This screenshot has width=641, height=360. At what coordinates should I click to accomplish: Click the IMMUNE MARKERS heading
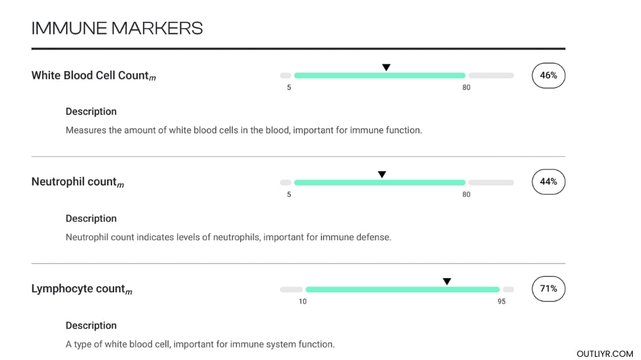tap(117, 28)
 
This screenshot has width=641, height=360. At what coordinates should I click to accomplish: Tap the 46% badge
tap(548, 75)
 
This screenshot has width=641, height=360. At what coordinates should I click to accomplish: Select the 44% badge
tap(548, 182)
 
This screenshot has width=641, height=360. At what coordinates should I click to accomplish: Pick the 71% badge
tap(548, 289)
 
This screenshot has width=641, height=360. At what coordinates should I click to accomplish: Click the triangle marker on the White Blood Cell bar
tap(386, 67)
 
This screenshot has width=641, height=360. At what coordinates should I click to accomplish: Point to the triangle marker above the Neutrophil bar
tap(382, 174)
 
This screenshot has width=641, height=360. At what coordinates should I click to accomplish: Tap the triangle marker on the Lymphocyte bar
tap(447, 281)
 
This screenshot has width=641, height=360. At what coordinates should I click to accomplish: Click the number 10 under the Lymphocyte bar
tap(303, 302)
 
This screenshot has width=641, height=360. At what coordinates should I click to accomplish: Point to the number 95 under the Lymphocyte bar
tap(501, 302)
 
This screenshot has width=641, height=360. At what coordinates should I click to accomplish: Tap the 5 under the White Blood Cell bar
tap(289, 88)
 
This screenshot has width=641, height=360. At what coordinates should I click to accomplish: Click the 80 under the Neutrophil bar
tap(466, 195)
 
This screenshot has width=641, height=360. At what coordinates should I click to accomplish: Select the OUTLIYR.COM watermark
tap(604, 354)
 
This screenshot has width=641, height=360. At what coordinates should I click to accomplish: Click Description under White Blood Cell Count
tap(91, 111)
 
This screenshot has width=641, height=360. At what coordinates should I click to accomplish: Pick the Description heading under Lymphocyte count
tap(91, 325)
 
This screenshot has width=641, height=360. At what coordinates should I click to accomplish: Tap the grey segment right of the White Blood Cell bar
tap(491, 76)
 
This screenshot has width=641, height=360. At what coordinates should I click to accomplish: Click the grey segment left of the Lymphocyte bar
tap(291, 290)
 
